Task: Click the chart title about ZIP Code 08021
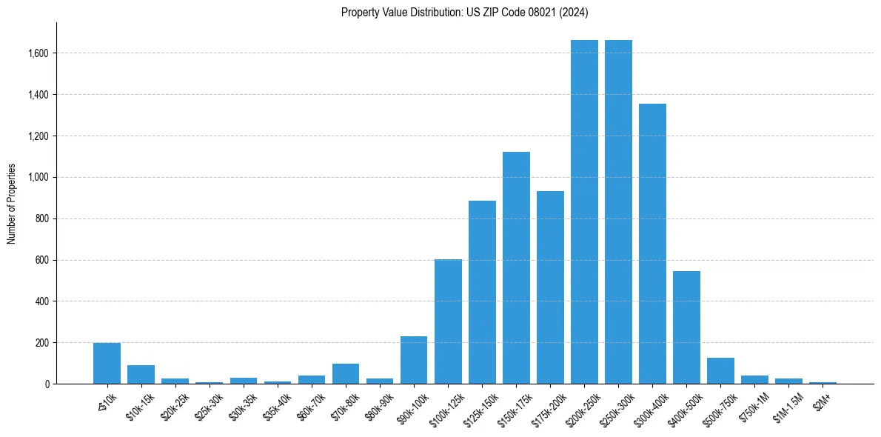(464, 12)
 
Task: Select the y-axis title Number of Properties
(11, 203)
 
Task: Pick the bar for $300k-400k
(652, 244)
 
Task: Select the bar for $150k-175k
(516, 267)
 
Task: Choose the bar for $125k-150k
(482, 292)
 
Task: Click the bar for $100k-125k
(448, 321)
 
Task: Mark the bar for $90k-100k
(414, 360)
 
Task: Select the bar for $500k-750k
(720, 370)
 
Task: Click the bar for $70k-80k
(346, 373)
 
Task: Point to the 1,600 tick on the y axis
(38, 53)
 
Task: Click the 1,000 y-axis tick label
(38, 177)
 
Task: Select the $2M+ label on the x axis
(822, 398)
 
